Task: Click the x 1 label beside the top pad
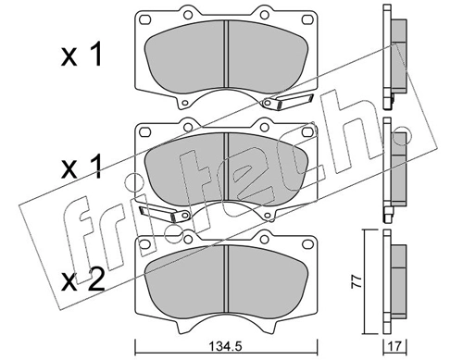point(81,57)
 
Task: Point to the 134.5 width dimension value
point(225,349)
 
